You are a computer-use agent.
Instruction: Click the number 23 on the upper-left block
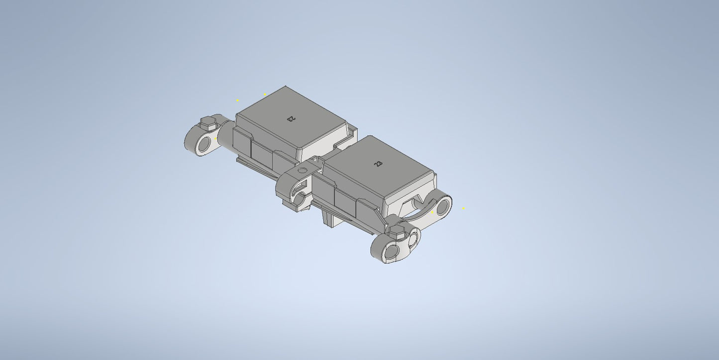[x=291, y=118]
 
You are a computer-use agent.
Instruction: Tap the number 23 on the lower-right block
[x=379, y=163]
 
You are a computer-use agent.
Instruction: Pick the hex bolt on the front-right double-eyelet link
[x=398, y=230]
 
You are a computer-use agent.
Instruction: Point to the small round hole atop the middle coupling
[x=300, y=171]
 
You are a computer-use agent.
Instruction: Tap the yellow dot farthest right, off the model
[x=463, y=208]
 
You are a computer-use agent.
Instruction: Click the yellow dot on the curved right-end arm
[x=432, y=212]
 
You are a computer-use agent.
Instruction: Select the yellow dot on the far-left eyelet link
[x=215, y=139]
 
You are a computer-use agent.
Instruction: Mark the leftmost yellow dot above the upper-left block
[x=237, y=100]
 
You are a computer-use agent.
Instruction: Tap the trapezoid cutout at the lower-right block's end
[x=411, y=203]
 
